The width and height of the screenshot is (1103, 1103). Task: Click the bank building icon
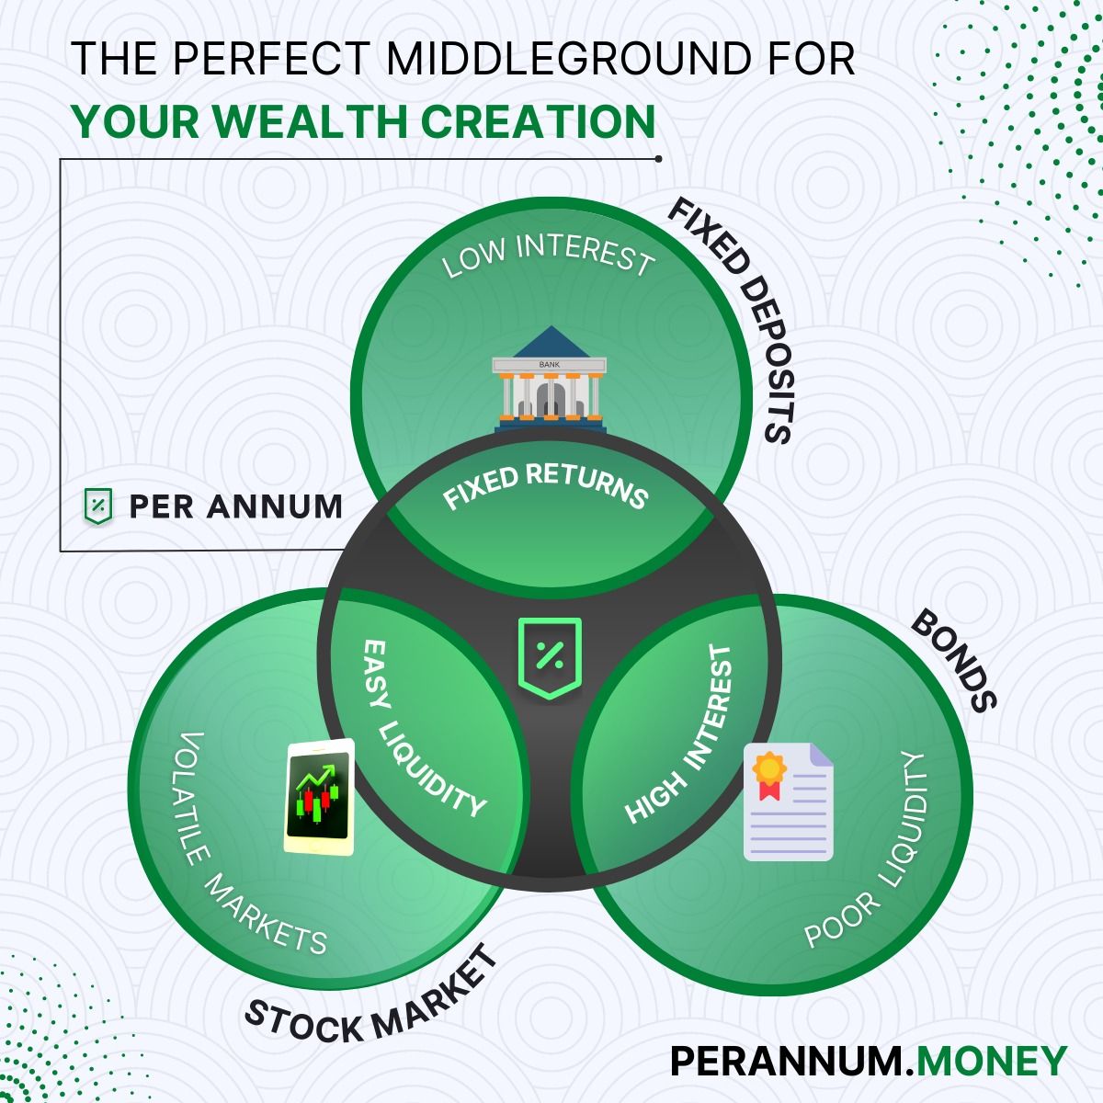550,380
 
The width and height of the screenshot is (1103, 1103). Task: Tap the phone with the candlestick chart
319,797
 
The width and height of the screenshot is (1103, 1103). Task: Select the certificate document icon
788,802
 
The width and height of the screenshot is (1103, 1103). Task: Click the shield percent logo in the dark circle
550,658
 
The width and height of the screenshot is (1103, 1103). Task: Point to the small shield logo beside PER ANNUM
97,506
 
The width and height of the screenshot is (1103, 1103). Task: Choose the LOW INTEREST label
549,256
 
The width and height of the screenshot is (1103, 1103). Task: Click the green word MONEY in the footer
992,1061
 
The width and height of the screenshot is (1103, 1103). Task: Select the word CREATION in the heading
538,121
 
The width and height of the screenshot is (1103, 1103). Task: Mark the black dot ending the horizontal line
658,158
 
